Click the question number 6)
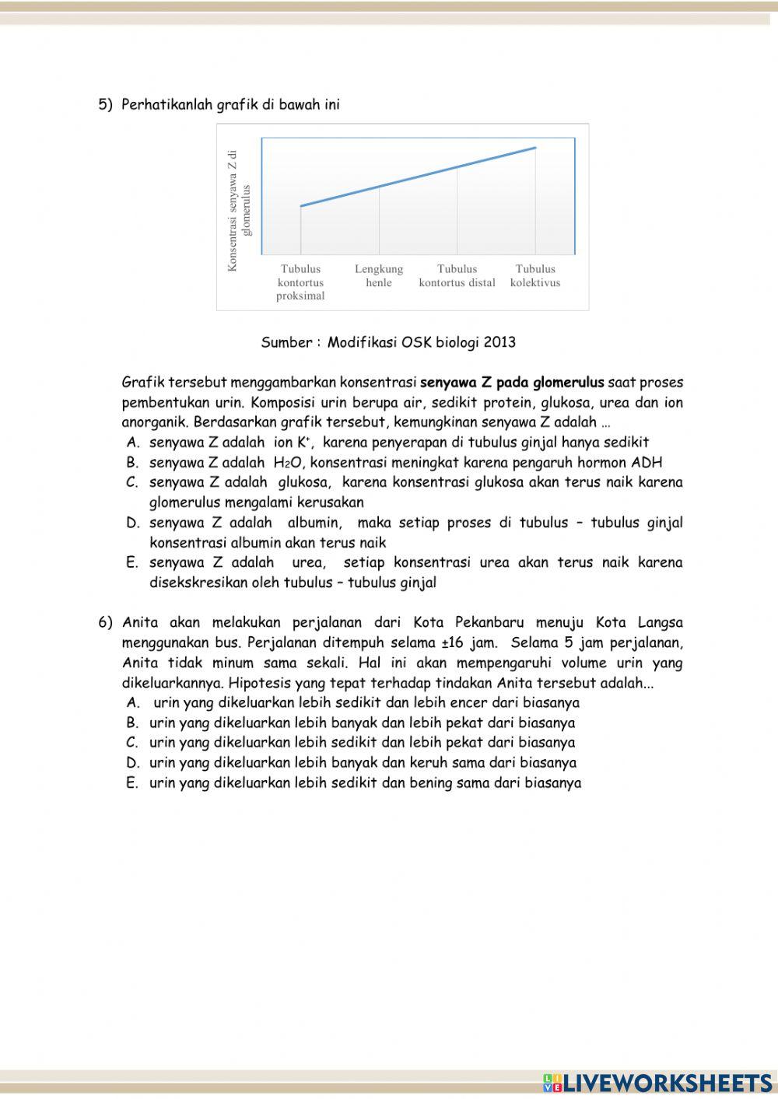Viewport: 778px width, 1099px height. coord(105,623)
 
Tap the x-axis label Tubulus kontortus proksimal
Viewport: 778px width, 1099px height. coord(300,282)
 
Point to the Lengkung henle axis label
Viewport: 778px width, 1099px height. coord(379,275)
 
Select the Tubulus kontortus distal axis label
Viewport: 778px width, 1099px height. coord(457,275)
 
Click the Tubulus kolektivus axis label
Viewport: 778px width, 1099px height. coord(535,275)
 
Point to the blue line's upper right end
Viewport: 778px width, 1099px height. coord(535,148)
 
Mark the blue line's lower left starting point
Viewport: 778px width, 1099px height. coord(301,206)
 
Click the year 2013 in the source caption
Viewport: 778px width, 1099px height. coord(499,342)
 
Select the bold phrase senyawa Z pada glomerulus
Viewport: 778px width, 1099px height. coord(512,383)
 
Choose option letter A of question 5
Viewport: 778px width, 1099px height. coord(132,443)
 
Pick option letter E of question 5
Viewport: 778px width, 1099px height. coord(132,563)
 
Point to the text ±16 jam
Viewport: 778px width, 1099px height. coord(471,643)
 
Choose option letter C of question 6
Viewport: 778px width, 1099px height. coord(132,743)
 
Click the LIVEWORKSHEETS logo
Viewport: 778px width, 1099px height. coord(657,1083)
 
